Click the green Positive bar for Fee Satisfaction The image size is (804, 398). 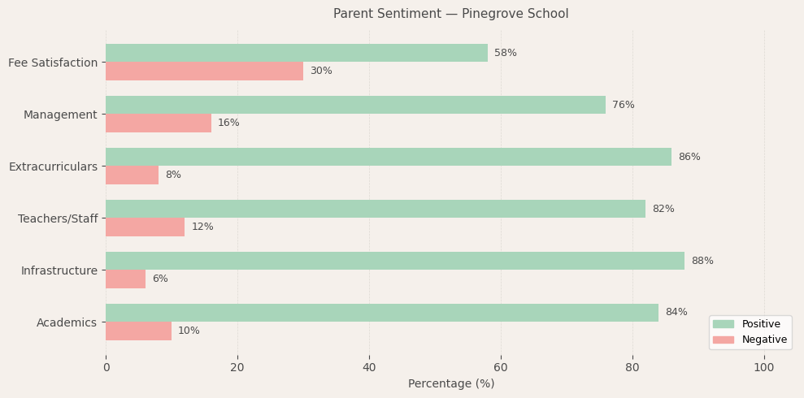click(297, 53)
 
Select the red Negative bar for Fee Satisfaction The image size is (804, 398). click(204, 71)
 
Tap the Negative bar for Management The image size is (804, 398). click(159, 123)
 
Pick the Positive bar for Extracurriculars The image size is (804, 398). click(389, 157)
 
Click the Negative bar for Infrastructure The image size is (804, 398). click(125, 279)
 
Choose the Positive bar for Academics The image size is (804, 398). click(382, 313)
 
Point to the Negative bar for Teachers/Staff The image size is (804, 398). click(145, 227)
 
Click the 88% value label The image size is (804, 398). click(702, 261)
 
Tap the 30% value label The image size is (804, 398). click(321, 71)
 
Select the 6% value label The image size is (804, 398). click(160, 279)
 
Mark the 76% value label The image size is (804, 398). click(624, 105)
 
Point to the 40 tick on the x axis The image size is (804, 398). click(369, 367)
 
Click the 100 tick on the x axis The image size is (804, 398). click(764, 367)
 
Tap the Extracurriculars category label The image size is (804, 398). click(53, 167)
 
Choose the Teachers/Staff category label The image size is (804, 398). click(58, 218)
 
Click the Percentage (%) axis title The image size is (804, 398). click(451, 384)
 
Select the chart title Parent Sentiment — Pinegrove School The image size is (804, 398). click(451, 14)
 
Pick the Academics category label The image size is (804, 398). click(67, 322)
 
